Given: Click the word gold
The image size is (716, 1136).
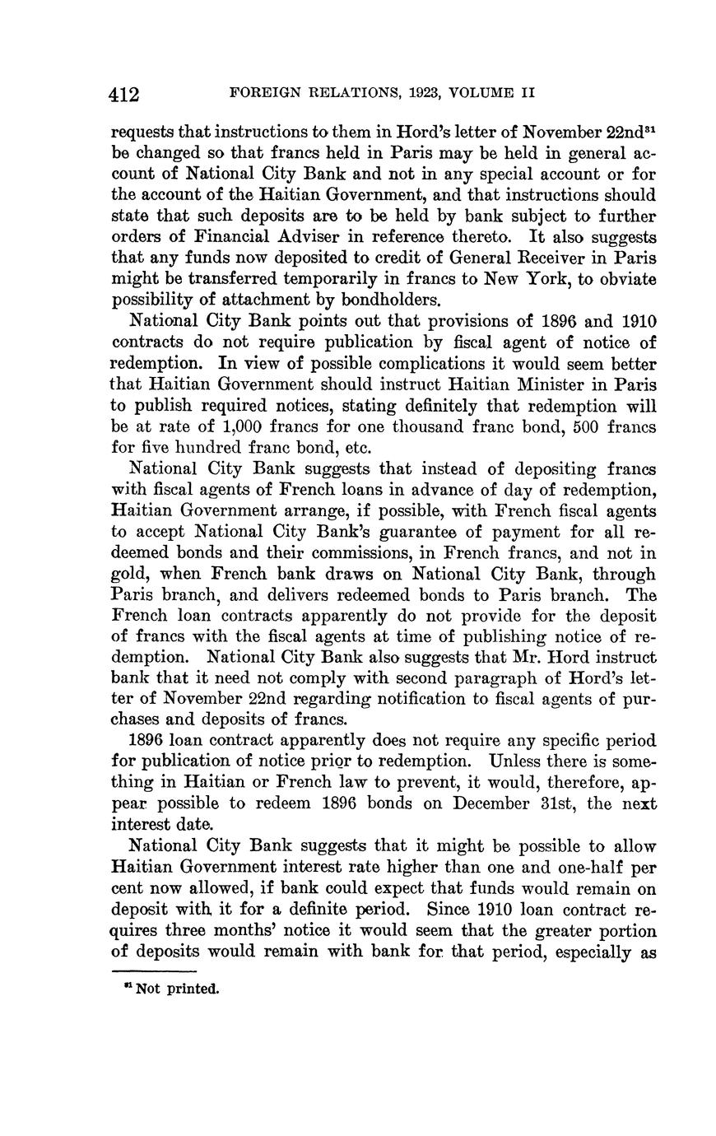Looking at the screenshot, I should pos(131,575).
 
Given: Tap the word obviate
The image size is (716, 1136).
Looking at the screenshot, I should pos(627,280).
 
